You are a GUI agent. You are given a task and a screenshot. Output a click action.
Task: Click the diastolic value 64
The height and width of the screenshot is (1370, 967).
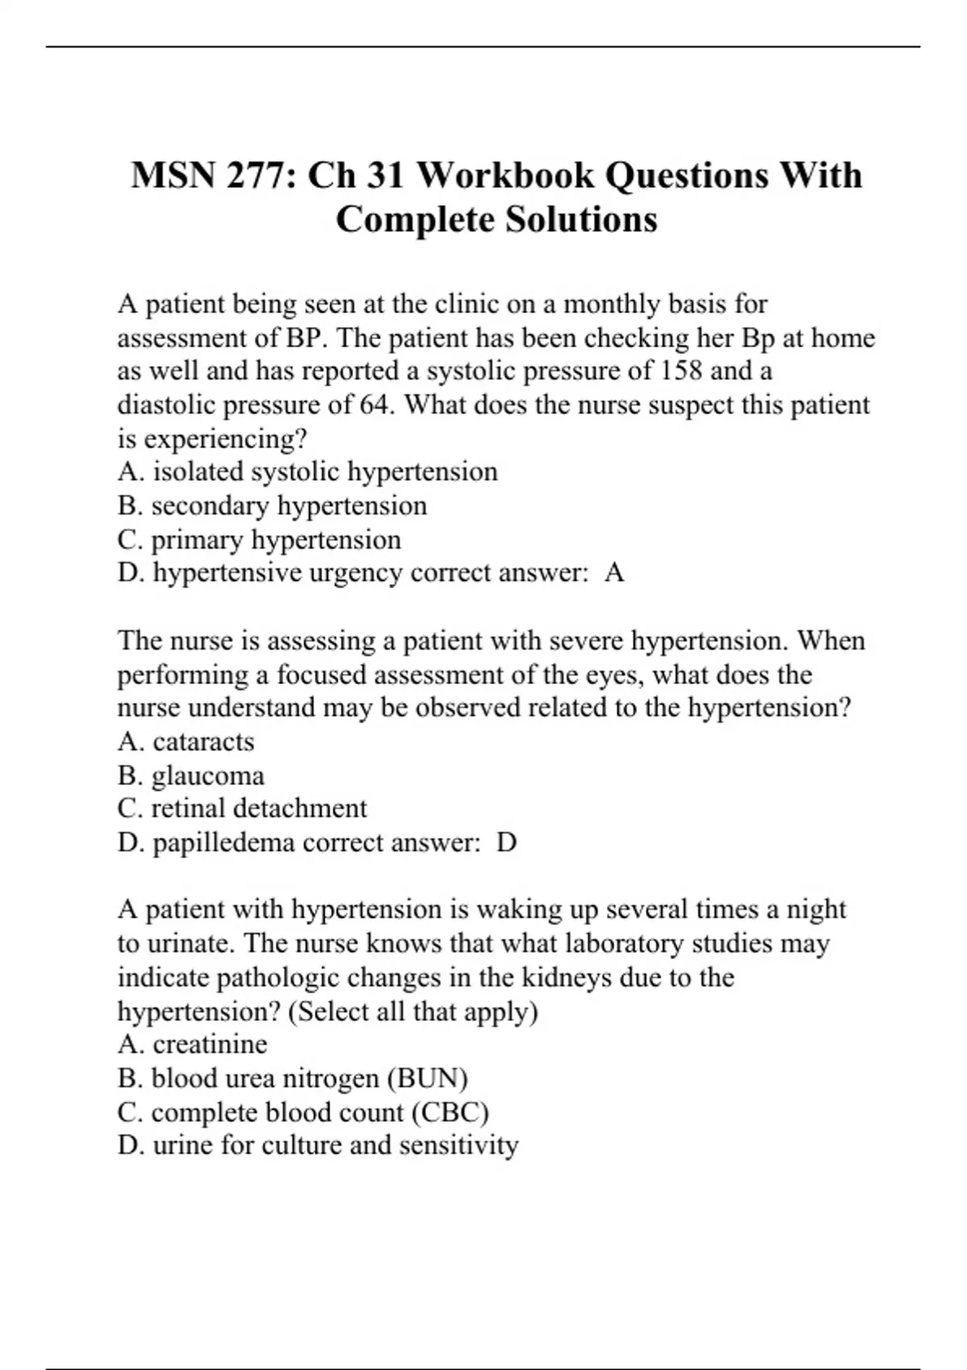coord(373,405)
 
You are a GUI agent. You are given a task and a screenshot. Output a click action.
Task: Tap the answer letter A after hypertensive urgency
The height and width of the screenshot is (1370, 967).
coord(614,573)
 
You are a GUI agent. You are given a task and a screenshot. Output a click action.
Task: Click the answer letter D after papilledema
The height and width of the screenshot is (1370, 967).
coord(506,843)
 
